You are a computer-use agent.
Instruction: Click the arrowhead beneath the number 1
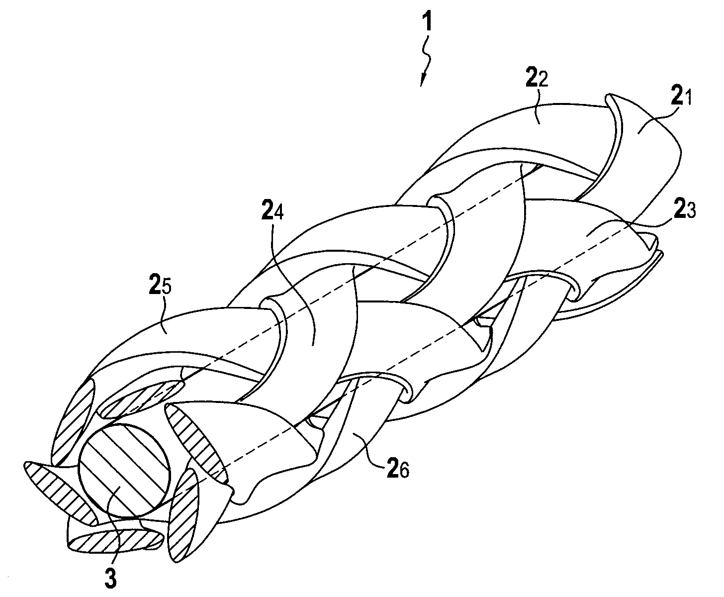tap(423, 80)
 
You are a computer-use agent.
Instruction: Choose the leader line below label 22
tap(537, 107)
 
